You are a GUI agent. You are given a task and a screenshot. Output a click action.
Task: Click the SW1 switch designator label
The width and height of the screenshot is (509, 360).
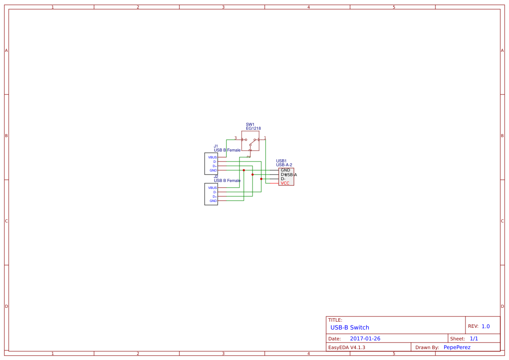click(x=250, y=124)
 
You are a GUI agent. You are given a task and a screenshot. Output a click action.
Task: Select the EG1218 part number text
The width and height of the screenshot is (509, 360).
click(x=253, y=128)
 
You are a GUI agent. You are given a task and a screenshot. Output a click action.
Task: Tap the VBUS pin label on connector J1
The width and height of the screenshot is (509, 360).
click(x=212, y=157)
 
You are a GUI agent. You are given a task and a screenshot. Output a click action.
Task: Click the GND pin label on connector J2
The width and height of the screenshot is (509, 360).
click(x=213, y=201)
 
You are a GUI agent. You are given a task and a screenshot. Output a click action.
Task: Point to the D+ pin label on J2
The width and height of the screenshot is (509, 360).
click(x=214, y=196)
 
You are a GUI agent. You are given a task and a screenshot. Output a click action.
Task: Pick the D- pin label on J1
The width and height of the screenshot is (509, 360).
click(x=215, y=161)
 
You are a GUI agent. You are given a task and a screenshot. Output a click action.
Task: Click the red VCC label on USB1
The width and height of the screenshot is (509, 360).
click(x=285, y=183)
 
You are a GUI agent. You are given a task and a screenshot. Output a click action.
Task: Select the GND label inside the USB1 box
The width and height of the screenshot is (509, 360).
click(x=285, y=170)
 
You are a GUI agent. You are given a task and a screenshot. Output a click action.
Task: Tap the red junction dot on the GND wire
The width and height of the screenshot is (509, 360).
click(x=244, y=170)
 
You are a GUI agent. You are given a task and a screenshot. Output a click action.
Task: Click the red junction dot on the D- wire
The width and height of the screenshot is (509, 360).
click(x=261, y=179)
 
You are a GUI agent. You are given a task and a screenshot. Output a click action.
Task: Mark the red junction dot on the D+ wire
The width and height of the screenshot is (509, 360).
click(x=253, y=175)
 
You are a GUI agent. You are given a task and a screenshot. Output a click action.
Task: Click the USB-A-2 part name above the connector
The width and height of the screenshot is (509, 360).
click(x=284, y=165)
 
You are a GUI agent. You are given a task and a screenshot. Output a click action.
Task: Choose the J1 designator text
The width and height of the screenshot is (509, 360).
click(x=216, y=146)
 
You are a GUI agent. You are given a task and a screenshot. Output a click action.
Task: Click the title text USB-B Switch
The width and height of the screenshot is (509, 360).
click(x=350, y=327)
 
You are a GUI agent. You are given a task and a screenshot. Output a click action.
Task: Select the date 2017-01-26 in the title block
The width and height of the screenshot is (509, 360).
click(x=365, y=339)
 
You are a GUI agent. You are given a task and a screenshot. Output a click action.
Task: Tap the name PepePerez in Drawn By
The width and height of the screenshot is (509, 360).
click(x=457, y=347)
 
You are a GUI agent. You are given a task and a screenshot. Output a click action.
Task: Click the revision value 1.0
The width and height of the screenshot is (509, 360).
click(x=485, y=326)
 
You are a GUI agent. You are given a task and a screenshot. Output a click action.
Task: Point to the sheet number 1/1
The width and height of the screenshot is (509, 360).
click(x=474, y=339)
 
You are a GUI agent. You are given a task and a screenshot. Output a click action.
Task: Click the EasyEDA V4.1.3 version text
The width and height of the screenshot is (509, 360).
click(x=347, y=347)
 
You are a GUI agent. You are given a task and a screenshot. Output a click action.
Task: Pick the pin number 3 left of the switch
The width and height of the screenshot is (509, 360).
click(x=236, y=138)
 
